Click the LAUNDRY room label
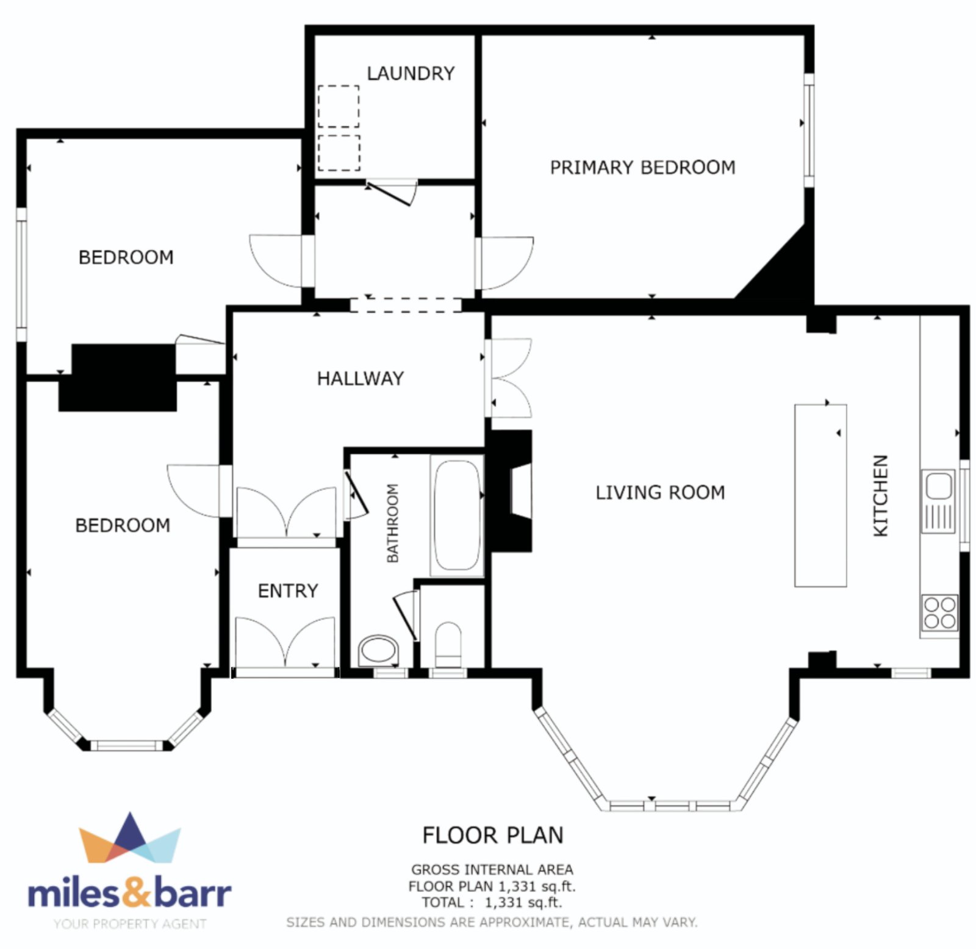[x=411, y=74]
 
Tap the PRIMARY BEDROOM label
[x=643, y=168]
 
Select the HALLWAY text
[x=361, y=379]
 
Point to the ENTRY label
[x=288, y=591]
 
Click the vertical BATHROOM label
[x=393, y=523]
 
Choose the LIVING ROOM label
[x=661, y=493]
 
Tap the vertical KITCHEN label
[x=880, y=496]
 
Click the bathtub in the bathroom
[x=457, y=515]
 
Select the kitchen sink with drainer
[x=938, y=501]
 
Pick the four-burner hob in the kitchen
[x=939, y=613]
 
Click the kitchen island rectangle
[x=820, y=495]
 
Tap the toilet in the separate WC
[x=449, y=645]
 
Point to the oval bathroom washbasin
[x=378, y=651]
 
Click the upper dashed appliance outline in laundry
[x=339, y=106]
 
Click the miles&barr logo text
[x=129, y=892]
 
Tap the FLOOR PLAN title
[x=493, y=836]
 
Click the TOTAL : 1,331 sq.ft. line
[x=492, y=903]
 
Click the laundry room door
[x=391, y=192]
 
